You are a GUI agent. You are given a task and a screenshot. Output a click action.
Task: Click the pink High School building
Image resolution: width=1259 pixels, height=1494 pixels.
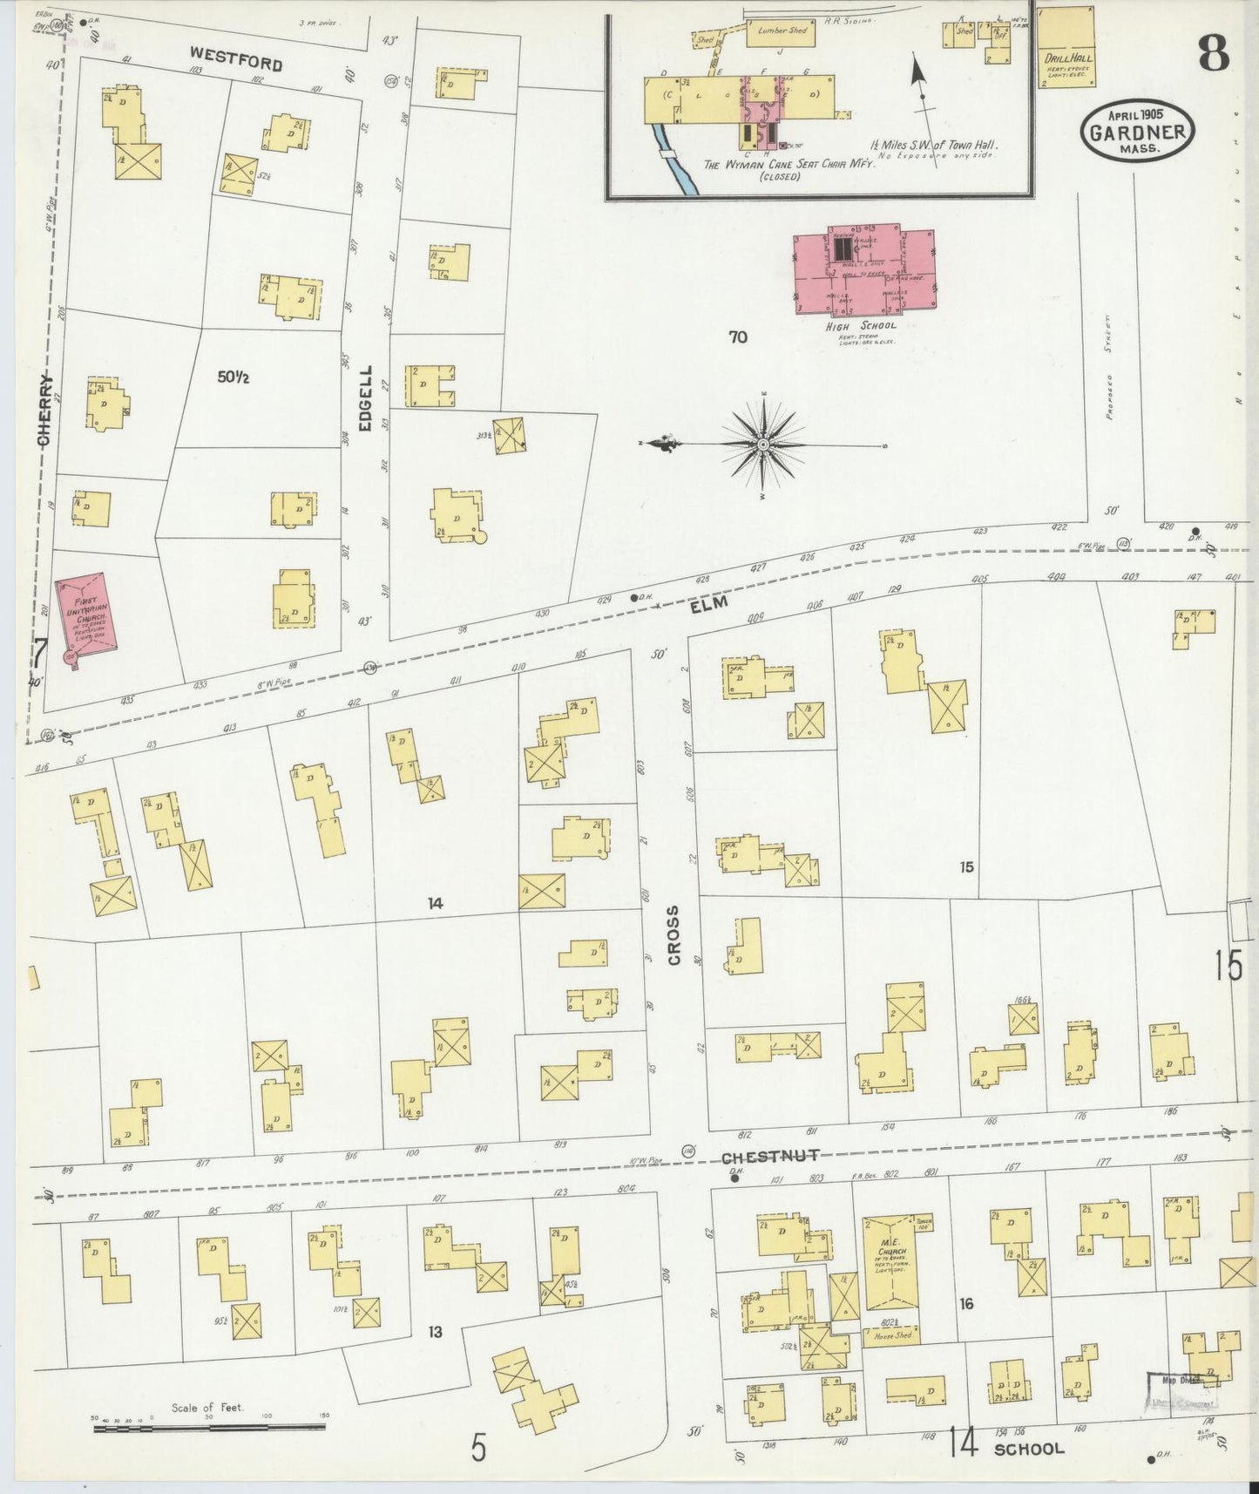(x=863, y=270)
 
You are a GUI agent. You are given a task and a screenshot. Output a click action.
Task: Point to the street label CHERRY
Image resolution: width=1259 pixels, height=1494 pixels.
(x=44, y=410)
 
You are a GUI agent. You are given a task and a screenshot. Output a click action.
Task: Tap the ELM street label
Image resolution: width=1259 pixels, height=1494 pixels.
(x=708, y=604)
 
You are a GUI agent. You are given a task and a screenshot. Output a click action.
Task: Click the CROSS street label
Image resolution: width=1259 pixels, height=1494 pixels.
(x=673, y=934)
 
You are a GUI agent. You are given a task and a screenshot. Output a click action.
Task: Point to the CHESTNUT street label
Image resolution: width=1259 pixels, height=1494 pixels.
(x=770, y=1156)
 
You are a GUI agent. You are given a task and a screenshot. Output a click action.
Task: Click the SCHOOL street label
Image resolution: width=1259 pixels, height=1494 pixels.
(x=1029, y=1449)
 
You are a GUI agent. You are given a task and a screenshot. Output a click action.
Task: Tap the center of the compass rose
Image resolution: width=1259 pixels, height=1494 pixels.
(x=763, y=445)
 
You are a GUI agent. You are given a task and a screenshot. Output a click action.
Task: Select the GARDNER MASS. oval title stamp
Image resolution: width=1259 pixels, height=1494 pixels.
(x=1137, y=132)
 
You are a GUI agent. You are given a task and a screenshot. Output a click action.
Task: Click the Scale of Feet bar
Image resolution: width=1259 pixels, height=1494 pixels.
(x=209, y=1429)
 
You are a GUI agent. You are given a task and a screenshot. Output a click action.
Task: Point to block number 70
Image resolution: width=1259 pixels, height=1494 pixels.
(x=737, y=336)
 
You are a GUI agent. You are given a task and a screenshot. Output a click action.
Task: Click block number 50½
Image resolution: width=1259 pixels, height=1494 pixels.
(x=234, y=377)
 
